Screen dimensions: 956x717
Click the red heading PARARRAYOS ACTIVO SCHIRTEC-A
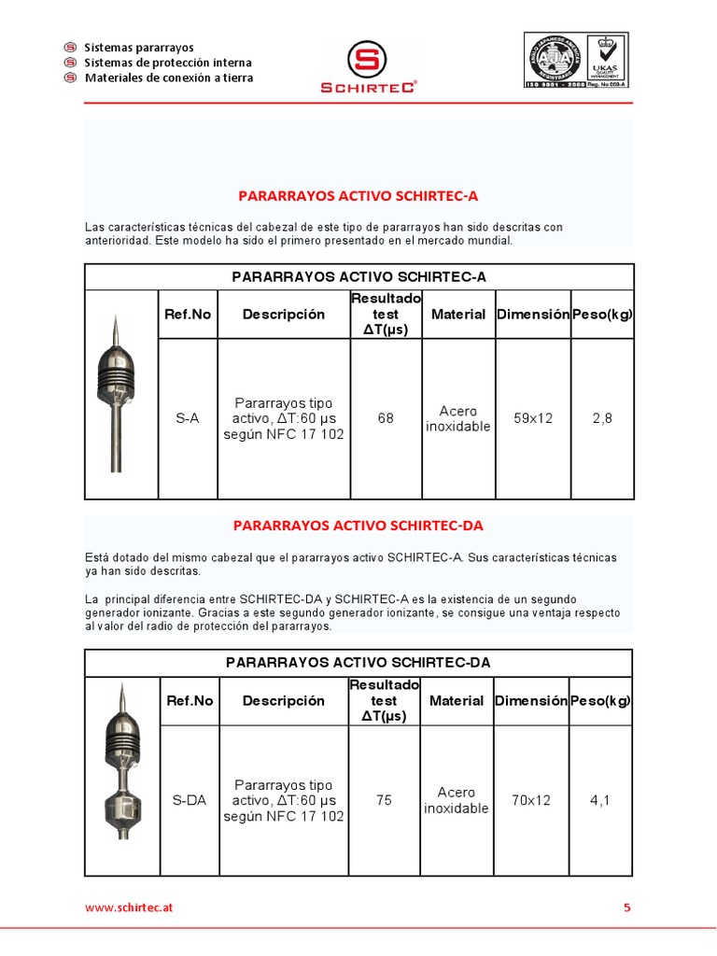358,196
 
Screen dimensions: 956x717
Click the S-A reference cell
188,418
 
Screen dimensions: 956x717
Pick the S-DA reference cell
189,800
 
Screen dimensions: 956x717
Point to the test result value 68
386,418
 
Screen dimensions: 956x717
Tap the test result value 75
385,800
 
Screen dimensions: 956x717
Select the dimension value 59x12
533,418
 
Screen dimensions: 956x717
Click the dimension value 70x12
531,800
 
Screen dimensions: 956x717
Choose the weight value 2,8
602,418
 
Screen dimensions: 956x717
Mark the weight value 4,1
599,800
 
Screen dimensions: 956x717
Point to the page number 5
627,907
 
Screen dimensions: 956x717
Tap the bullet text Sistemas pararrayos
139,47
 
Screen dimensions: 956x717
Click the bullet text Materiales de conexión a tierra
169,77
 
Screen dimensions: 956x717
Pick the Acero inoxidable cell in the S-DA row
457,800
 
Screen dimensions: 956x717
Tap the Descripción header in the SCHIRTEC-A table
284,315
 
